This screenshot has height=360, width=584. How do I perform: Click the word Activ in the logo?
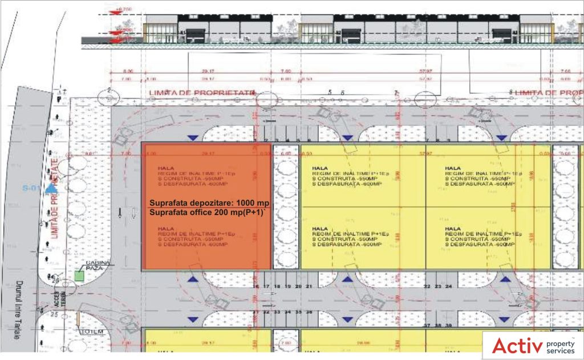point(516,346)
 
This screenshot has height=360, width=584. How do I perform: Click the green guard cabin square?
point(79,276)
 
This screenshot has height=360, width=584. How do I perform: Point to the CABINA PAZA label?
point(97,265)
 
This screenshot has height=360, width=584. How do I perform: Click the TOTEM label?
point(91,331)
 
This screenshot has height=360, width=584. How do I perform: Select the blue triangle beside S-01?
point(51,188)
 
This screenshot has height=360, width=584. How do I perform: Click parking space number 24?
point(449,286)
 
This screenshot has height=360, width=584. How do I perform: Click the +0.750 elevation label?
point(123,10)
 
